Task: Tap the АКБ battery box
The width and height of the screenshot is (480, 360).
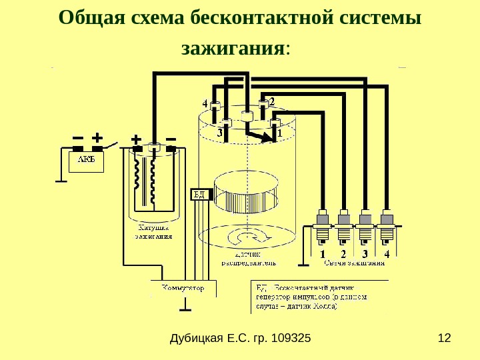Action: point(86,160)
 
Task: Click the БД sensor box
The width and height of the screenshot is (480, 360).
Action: point(199,194)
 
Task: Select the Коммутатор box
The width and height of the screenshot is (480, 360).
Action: point(189,288)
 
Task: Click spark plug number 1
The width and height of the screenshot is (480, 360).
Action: point(323,227)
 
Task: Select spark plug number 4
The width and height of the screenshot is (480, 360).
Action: point(387,227)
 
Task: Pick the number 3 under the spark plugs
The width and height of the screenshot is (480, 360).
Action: point(365,253)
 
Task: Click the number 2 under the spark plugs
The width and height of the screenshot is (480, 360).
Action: point(343,253)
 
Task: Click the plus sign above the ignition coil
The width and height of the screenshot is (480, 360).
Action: point(137,139)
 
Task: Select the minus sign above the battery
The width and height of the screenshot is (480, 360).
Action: point(77,137)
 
